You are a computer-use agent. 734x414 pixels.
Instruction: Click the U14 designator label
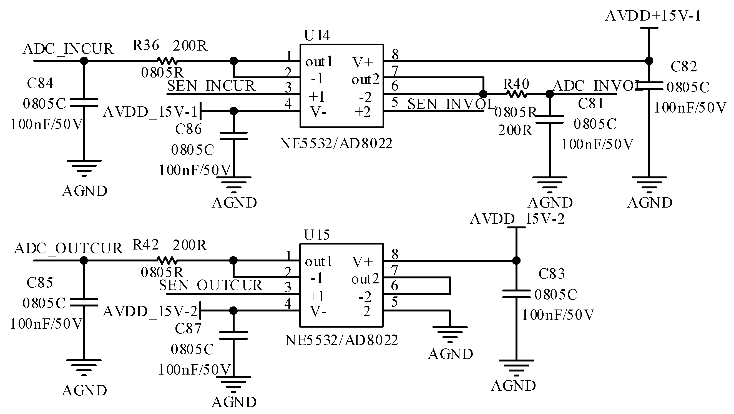pos(317,36)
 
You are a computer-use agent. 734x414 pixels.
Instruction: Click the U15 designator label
pos(316,235)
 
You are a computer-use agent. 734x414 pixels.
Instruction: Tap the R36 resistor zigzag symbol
pos(167,61)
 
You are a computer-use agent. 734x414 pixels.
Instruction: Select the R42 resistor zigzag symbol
pos(167,260)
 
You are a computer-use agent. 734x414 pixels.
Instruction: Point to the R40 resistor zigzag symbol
pos(516,94)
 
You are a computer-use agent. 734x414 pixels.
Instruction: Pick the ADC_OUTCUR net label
pos(68,248)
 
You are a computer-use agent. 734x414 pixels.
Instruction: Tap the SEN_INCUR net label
pos(211,86)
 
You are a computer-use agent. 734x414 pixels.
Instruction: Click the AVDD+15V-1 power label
pos(653,16)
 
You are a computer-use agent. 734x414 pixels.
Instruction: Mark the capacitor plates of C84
pos(84,103)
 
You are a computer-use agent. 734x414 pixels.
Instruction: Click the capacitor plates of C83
pos(516,294)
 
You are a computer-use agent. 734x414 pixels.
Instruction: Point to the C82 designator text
pos(683,67)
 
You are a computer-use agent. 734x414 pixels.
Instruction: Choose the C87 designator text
pos(188,328)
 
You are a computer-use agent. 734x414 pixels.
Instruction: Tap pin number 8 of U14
pos(395,54)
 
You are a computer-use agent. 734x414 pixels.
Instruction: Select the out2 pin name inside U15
pos(365,279)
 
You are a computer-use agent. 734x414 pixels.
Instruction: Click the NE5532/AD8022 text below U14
pos(336,143)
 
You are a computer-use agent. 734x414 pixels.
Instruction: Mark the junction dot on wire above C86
pos(233,111)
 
